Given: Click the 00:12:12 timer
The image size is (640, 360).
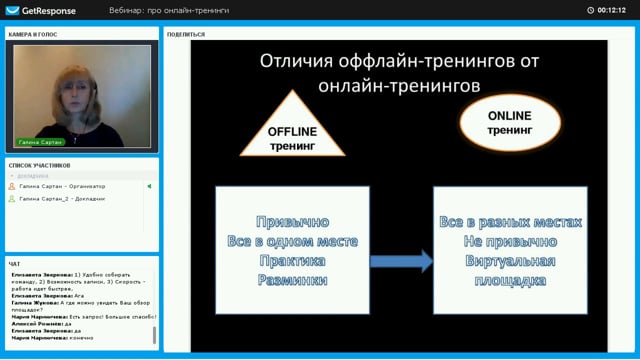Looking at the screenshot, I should point(610,10).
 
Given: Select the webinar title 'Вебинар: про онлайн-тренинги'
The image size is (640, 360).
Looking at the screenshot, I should point(169,10).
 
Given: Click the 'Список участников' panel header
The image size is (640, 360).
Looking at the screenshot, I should point(40,164).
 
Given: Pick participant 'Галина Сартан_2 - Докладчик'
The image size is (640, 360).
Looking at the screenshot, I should point(62,198).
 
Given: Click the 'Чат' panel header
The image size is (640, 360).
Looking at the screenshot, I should point(14,264).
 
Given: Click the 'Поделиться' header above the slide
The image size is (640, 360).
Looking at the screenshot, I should point(187,34).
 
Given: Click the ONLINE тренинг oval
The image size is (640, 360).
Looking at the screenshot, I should point(510,123).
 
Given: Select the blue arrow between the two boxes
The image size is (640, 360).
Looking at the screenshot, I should point(401,262).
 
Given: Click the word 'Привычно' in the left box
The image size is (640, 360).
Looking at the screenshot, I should point(292,222).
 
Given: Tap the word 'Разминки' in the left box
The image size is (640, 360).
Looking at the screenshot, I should point(292,280).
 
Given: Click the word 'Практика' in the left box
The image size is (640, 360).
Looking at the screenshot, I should point(292,261).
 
